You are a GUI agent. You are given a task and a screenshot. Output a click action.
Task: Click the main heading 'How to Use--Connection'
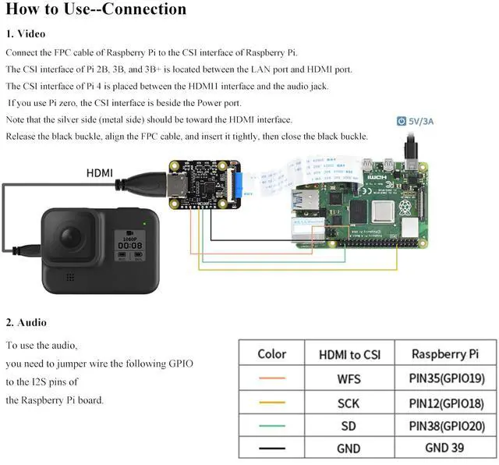(96, 10)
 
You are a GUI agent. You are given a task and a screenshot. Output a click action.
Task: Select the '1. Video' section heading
(26, 34)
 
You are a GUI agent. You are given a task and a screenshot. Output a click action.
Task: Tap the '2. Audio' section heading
(27, 322)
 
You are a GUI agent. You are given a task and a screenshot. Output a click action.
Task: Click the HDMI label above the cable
(99, 172)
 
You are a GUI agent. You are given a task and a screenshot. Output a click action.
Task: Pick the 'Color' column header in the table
(271, 353)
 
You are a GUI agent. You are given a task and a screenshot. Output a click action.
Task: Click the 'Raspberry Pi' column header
(444, 354)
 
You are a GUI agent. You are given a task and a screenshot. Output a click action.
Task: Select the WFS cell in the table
(349, 381)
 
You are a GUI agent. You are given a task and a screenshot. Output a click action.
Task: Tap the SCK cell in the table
(349, 403)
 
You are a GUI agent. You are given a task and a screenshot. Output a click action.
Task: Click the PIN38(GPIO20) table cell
(445, 426)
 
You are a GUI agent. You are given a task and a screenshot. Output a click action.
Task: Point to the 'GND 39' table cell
(445, 448)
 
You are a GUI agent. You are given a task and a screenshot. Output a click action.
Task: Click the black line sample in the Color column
(271, 448)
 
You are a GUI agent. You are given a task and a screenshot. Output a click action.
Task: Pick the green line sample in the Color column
(271, 425)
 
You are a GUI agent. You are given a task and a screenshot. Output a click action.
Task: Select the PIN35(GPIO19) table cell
(445, 381)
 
